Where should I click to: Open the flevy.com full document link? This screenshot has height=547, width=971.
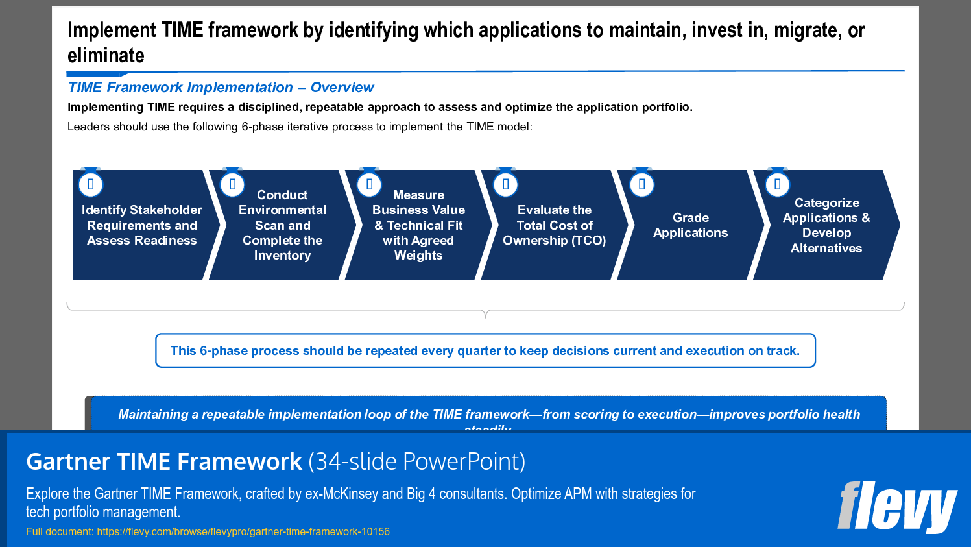243,532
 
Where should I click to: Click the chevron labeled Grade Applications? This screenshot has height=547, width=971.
690,225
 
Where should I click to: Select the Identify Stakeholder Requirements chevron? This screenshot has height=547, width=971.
141,225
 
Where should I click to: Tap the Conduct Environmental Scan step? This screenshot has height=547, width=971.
282,225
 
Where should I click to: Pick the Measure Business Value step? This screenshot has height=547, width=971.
418,225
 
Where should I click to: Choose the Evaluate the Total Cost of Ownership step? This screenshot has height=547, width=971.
554,225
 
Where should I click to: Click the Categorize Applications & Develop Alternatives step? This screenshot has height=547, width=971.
826,225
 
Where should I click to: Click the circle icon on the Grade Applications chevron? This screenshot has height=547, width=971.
641,184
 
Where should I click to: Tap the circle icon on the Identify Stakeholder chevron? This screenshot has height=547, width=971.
91,184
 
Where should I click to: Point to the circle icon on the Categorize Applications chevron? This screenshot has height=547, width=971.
777,184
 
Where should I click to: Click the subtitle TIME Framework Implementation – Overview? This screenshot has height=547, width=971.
221,88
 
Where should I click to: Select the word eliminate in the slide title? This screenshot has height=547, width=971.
106,56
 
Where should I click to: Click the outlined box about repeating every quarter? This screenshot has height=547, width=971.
485,350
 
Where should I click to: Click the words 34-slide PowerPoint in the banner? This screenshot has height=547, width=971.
416,462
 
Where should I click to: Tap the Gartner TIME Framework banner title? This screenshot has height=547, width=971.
164,462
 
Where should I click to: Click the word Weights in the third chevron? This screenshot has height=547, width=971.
418,256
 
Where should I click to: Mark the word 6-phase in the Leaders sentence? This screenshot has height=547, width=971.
261,127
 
